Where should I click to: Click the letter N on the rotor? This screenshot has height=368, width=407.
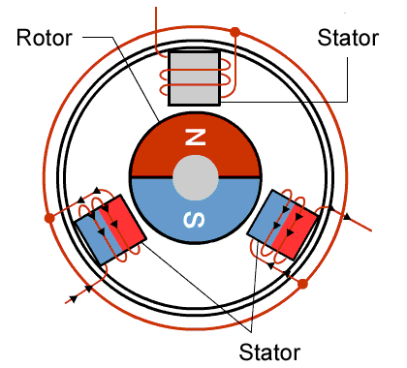[196, 138]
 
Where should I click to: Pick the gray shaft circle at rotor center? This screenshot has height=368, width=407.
[195, 178]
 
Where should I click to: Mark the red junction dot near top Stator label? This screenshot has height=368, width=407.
[235, 32]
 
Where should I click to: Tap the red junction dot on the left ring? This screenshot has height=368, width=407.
[50, 219]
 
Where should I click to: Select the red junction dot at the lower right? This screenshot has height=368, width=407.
[302, 285]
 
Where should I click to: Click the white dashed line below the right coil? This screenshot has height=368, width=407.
[263, 295]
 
